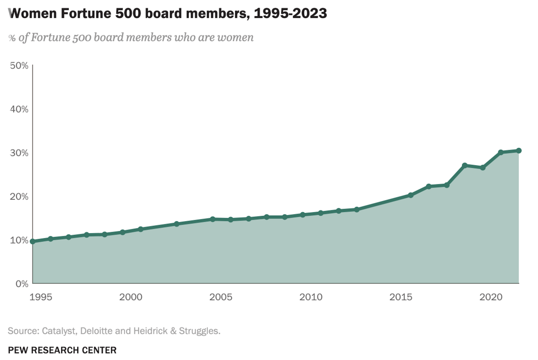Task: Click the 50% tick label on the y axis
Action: [19, 66]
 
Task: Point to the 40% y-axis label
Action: [19, 109]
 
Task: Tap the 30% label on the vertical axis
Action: [19, 153]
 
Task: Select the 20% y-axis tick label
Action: [19, 197]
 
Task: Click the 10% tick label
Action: [19, 240]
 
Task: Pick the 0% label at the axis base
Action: [22, 284]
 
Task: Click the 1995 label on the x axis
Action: [41, 297]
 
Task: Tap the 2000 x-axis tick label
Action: [131, 297]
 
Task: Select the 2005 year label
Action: [221, 297]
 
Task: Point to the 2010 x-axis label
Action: [311, 297]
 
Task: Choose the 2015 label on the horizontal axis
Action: [401, 297]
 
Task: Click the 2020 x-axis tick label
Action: [491, 297]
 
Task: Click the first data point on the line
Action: [33, 241]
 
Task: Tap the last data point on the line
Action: [519, 151]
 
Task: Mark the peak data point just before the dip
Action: [465, 165]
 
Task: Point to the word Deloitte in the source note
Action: [96, 331]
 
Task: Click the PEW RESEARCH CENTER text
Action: [62, 350]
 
